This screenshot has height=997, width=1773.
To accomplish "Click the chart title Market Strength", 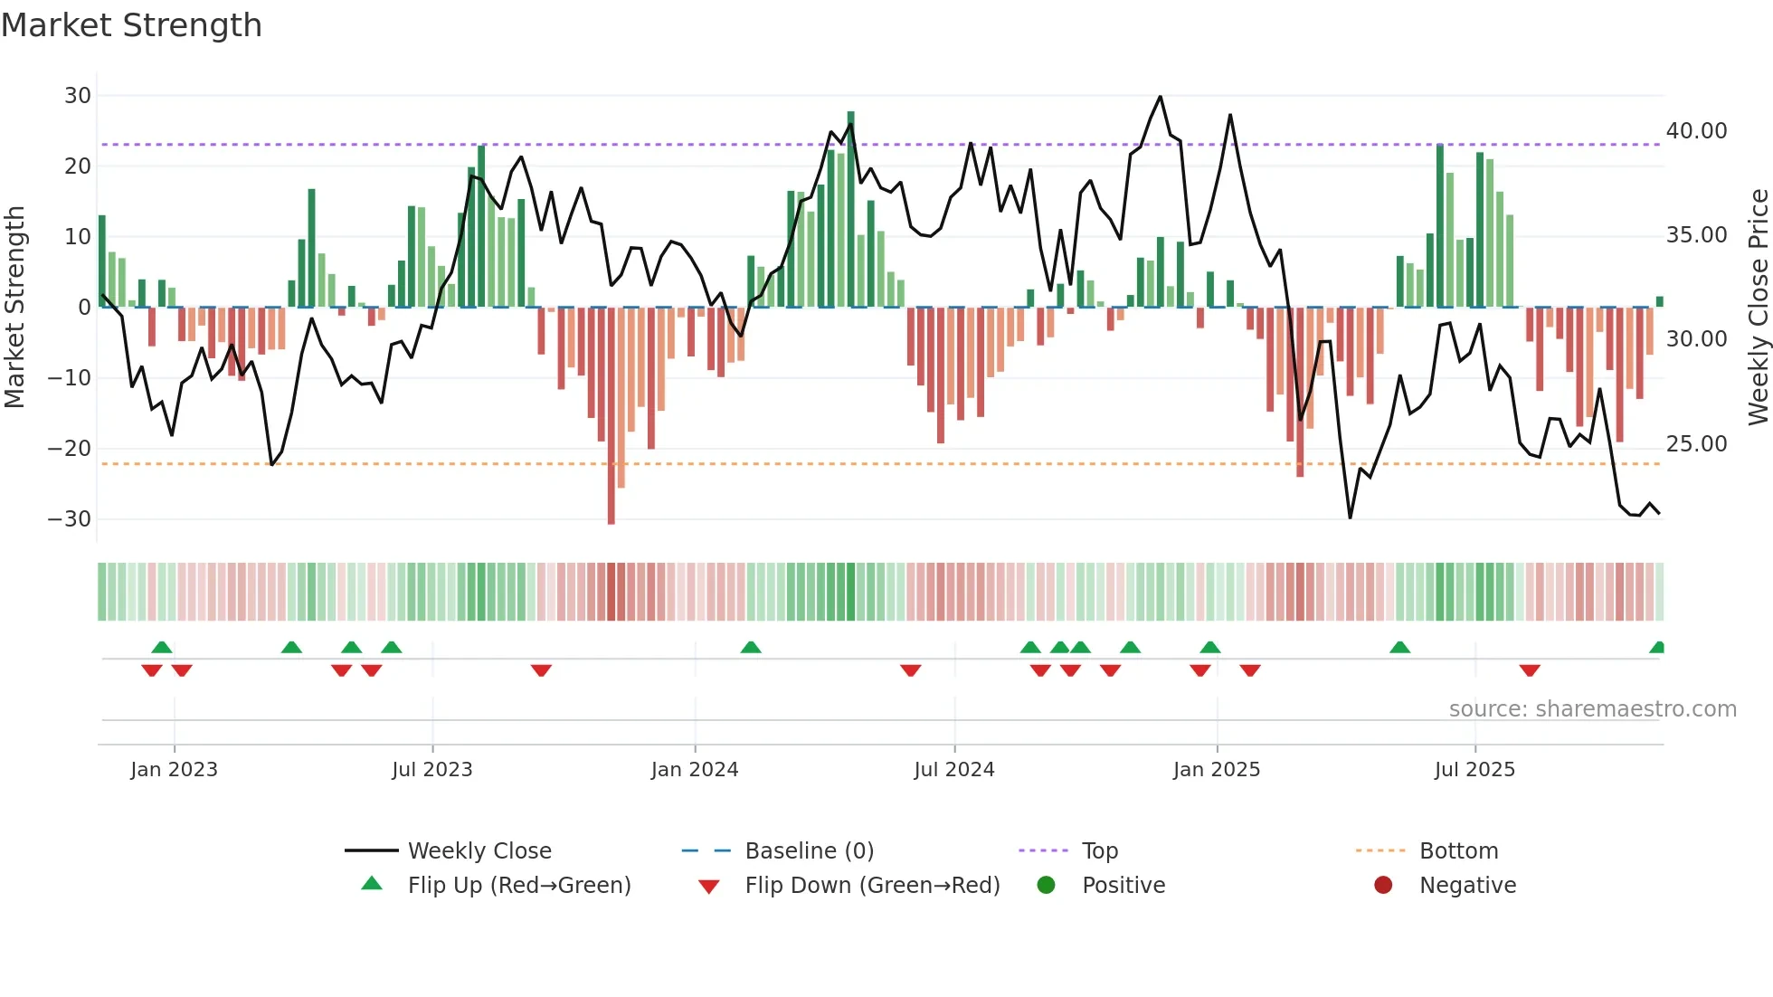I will click(131, 25).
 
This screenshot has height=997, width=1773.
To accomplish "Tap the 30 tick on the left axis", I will click(78, 96).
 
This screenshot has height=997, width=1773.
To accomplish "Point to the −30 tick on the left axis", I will click(70, 519).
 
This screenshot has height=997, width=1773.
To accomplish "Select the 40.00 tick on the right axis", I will click(1696, 131).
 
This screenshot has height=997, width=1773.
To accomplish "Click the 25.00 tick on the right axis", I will click(1696, 444).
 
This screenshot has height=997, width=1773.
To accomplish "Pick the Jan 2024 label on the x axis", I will click(694, 770).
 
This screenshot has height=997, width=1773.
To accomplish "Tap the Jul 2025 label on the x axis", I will click(1474, 770).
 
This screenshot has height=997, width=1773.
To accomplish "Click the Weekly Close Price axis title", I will click(1758, 308).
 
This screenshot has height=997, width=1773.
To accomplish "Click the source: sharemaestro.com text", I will click(1592, 709).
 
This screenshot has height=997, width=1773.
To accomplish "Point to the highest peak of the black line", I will click(1160, 97).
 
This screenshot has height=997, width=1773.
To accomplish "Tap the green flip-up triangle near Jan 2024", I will click(750, 647).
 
